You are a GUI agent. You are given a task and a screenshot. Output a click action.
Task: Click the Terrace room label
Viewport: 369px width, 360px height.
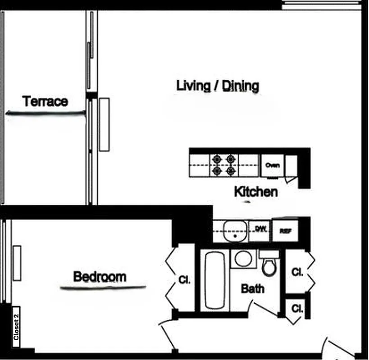tap(45, 101)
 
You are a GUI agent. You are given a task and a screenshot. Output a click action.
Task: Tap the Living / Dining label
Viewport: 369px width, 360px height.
tap(217, 85)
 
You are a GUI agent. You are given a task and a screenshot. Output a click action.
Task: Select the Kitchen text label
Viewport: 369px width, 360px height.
tap(255, 192)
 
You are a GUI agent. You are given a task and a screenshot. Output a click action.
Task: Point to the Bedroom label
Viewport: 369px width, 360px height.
tap(100, 276)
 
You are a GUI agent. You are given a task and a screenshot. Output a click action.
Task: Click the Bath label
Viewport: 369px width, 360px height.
tap(253, 288)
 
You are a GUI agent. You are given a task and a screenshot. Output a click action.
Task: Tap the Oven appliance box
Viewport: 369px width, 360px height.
tap(272, 165)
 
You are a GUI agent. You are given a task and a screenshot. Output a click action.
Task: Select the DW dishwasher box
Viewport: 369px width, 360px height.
tap(260, 229)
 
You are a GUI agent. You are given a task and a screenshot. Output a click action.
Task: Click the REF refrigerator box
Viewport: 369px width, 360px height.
tap(285, 231)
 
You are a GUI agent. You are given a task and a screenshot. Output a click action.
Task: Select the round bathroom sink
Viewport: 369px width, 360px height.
tap(244, 259)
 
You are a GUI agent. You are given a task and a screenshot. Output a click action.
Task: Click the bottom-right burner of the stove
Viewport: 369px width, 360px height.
tap(231, 171)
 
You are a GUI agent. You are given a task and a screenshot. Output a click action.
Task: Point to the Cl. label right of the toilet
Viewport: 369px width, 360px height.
tap(297, 272)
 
